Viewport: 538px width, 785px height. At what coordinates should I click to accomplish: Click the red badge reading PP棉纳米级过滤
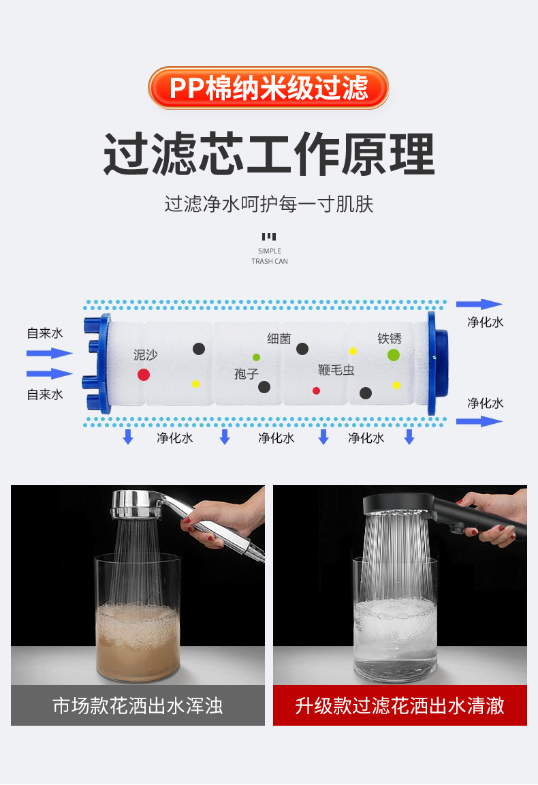[269, 88]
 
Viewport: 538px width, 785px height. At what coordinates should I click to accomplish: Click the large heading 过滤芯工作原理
[269, 154]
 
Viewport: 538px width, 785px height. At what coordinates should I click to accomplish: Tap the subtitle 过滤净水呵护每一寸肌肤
[269, 204]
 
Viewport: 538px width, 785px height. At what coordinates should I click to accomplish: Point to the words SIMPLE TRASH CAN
[269, 256]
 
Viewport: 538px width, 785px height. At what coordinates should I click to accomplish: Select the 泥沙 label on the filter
[145, 355]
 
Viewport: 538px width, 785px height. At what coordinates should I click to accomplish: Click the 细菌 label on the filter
[279, 339]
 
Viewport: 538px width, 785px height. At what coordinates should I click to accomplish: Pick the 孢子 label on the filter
[247, 374]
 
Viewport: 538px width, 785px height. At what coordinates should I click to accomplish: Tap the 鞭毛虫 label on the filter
[336, 370]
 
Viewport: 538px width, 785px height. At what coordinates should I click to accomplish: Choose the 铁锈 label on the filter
[390, 339]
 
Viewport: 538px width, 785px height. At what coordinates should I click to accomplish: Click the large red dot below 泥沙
[144, 375]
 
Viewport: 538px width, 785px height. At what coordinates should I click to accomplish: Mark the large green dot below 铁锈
[394, 355]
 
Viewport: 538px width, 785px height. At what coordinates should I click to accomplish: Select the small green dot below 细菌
[256, 358]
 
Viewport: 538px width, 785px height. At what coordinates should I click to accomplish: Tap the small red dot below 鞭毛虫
[316, 390]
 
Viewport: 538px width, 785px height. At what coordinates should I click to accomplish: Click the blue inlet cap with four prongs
[97, 363]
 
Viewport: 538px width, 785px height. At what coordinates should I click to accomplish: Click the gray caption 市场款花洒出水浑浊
[138, 705]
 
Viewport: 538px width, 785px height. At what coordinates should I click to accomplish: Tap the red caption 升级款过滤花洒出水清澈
[400, 705]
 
